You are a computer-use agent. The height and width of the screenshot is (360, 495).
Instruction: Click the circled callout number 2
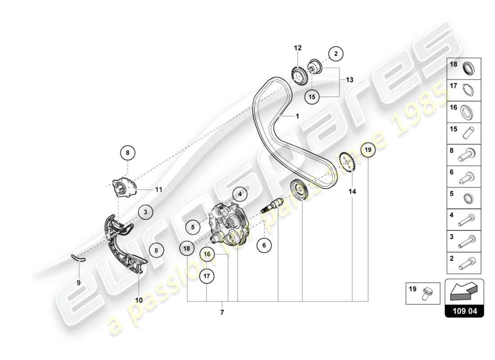(335, 54)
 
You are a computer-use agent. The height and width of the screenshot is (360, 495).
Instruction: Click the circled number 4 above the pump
(240, 194)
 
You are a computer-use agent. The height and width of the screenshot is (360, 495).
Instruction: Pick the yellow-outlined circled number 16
(207, 254)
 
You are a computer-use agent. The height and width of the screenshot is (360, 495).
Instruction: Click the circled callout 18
(187, 247)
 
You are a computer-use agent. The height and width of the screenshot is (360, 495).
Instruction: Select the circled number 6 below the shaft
(264, 245)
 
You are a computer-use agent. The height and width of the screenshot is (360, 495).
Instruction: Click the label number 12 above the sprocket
(297, 48)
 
